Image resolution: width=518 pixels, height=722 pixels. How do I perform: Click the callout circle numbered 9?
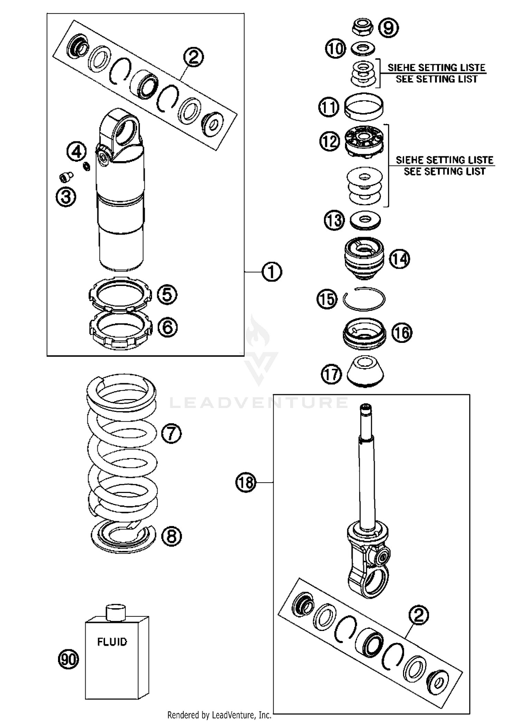coord(388,28)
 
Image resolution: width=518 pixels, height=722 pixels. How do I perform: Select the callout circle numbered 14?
coord(400,259)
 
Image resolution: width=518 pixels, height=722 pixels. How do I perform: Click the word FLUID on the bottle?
coord(112,642)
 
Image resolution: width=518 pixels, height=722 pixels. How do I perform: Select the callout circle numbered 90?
coord(68,659)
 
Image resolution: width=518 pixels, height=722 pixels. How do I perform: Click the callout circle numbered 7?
coord(171,433)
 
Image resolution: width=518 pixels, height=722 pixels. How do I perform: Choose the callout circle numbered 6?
coord(167,327)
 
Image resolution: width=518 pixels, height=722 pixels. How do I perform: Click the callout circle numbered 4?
coord(77,151)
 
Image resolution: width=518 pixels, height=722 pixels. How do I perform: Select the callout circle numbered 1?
coord(272,272)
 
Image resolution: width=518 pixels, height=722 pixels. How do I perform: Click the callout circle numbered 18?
coord(246,482)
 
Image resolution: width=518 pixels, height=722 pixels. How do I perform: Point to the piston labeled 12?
coord(364,141)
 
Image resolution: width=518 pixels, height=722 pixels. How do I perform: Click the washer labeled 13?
coord(365,220)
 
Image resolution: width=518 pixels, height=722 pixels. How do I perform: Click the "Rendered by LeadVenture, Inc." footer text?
coord(219,715)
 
